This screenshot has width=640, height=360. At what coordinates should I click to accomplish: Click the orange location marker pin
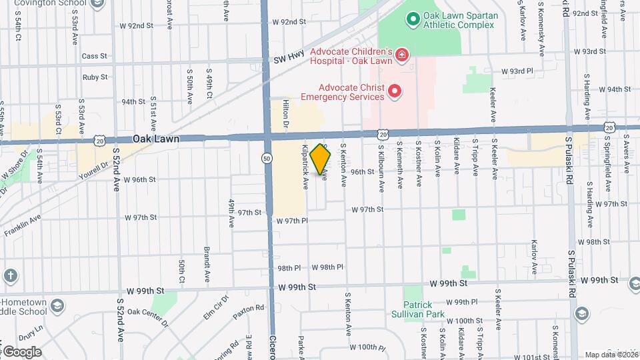click(x=321, y=159)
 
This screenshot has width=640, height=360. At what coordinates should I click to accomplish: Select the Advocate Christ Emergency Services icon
click(x=394, y=91)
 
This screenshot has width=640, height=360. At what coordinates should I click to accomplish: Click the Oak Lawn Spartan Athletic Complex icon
click(x=413, y=19)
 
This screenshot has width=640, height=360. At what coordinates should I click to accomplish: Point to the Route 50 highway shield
click(x=267, y=158)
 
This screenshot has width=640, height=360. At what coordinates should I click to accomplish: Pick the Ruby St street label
click(x=95, y=77)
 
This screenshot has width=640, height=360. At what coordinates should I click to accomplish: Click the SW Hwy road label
click(x=289, y=60)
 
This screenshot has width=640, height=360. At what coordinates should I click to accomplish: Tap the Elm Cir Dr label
click(x=216, y=306)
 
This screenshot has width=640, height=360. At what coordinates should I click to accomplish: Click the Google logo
click(x=22, y=351)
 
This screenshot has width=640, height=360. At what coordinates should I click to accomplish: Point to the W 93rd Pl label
click(x=517, y=71)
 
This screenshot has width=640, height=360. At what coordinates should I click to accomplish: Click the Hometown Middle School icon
click(x=57, y=305)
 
